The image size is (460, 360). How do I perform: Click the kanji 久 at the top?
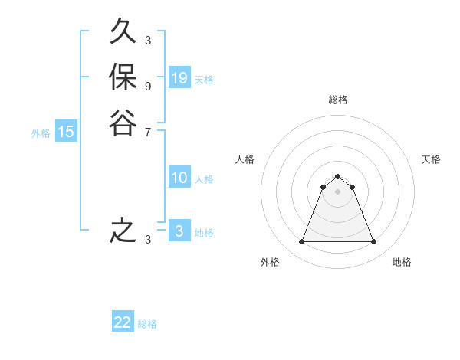click(123, 32)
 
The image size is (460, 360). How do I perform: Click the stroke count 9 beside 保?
click(147, 86)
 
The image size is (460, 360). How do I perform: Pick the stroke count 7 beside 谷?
click(147, 131)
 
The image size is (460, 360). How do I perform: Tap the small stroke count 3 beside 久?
click(147, 41)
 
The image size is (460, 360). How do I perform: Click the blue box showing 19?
click(179, 78)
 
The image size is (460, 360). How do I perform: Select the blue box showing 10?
click(179, 178)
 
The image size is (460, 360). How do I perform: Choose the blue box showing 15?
click(66, 132)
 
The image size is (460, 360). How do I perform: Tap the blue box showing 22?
click(123, 322)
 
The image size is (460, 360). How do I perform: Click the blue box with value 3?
click(179, 231)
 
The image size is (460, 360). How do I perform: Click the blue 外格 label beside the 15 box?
click(41, 133)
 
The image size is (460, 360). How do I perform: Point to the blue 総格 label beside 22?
click(147, 324)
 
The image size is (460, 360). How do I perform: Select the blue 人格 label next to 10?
click(204, 179)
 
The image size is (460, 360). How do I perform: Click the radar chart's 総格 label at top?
click(338, 100)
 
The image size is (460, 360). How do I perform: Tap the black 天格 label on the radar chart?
click(431, 159)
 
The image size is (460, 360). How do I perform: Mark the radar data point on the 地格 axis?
click(374, 242)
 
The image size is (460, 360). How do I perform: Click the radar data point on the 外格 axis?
click(301, 242)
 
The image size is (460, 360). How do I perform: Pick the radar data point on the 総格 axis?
click(338, 177)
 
